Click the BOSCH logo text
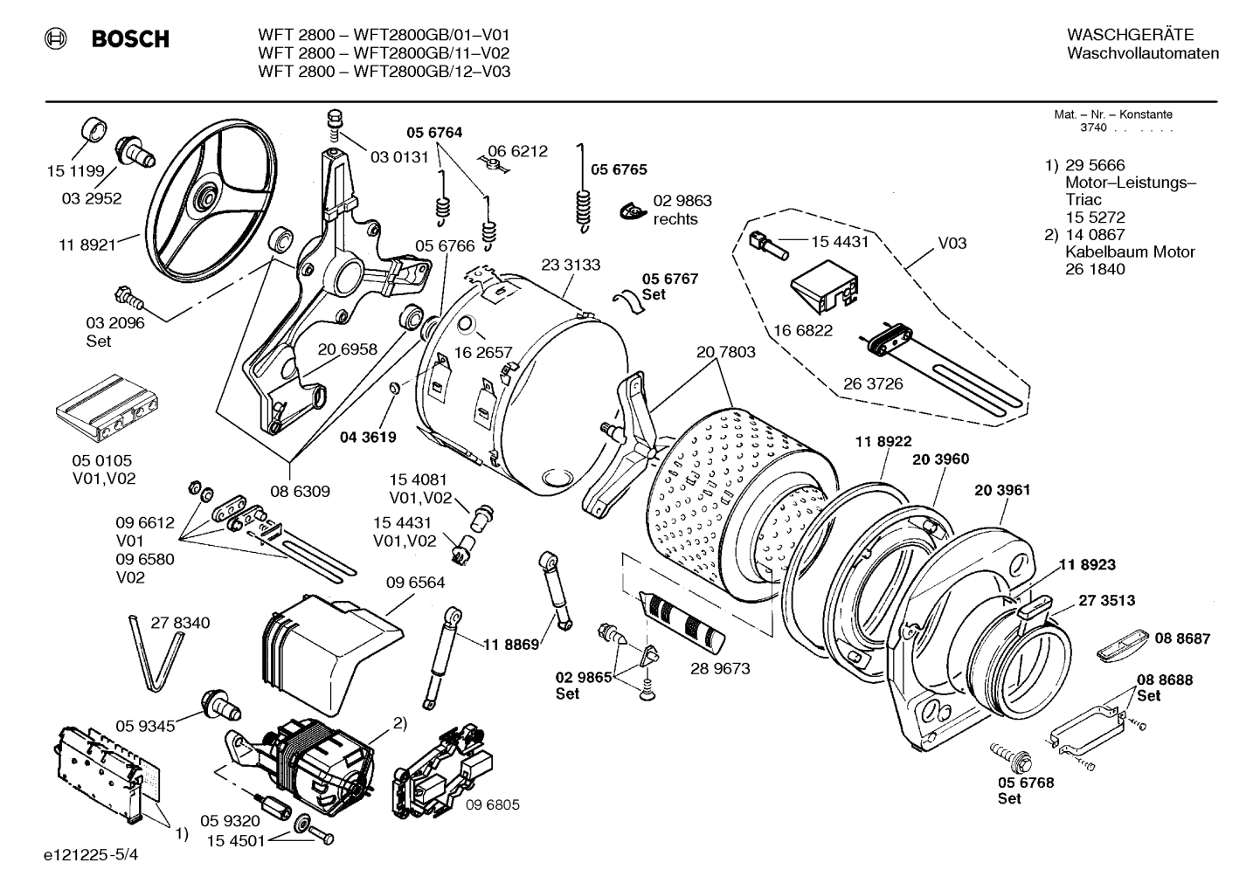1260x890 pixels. [x=130, y=39]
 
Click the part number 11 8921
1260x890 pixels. [x=87, y=245]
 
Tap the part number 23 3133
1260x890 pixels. [x=571, y=265]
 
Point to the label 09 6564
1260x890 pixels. [x=415, y=583]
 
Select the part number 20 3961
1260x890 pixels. [x=1002, y=490]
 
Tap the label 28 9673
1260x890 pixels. [x=720, y=669]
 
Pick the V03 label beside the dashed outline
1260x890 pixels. [x=952, y=243]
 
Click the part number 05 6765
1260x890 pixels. [x=620, y=169]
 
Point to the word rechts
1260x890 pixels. [x=675, y=219]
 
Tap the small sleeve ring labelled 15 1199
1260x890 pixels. [x=92, y=131]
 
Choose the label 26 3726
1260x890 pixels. [x=873, y=383]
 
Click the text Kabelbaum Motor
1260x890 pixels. [x=1130, y=252]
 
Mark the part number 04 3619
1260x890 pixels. [x=368, y=437]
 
